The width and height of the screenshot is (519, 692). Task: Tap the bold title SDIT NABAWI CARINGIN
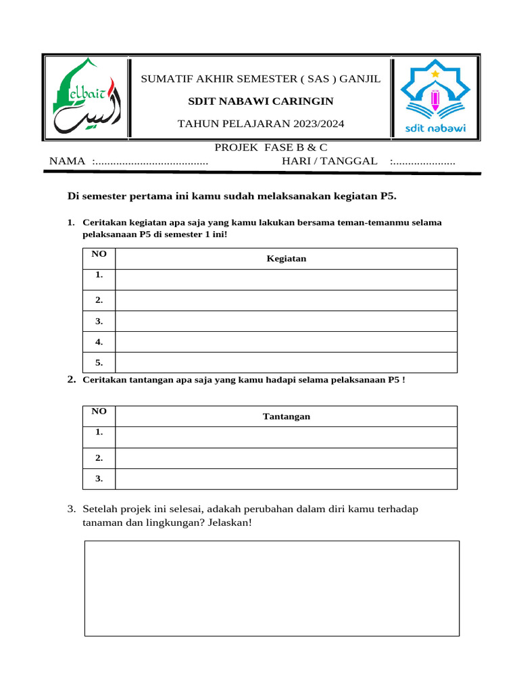coord(260,101)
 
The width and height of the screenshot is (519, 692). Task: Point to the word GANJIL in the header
coord(360,79)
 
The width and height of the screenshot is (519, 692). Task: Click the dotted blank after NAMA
coord(150,162)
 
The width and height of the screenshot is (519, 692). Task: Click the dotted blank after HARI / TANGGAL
coord(423,162)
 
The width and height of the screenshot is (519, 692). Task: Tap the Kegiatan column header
coord(287,259)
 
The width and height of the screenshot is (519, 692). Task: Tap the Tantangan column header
coord(287,416)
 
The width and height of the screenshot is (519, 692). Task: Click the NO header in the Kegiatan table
coord(99,253)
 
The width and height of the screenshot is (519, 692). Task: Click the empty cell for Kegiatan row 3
coord(287,322)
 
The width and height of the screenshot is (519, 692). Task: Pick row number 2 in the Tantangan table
coord(99,458)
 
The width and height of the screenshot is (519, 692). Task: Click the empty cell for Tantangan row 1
coord(287,437)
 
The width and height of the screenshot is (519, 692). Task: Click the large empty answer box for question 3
coord(272,588)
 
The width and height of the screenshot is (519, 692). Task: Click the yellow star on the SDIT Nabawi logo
coord(435,72)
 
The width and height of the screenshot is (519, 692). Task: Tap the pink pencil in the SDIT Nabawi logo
coord(435,99)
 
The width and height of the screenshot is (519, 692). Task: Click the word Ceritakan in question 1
coord(101,222)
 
